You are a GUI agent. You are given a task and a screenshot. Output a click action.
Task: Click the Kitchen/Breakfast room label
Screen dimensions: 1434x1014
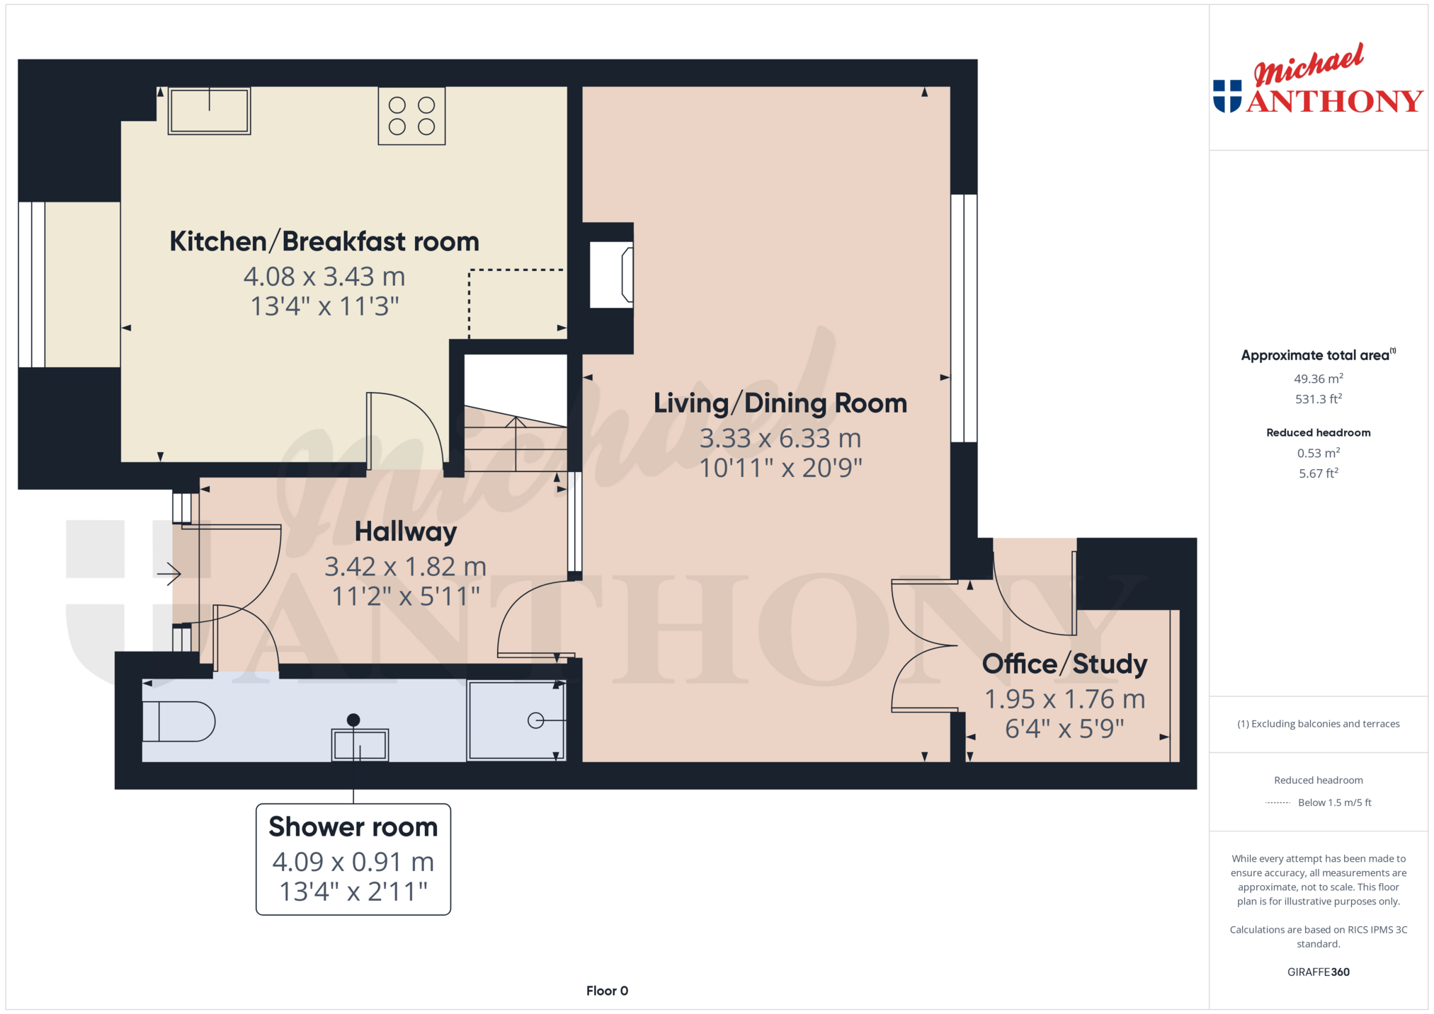click(x=324, y=241)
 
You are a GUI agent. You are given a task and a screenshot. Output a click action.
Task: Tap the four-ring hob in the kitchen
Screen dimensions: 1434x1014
click(x=411, y=116)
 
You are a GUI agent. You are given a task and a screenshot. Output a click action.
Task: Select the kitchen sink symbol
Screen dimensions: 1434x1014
click(x=210, y=110)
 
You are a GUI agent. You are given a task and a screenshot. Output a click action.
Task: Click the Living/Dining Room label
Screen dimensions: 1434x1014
click(x=780, y=403)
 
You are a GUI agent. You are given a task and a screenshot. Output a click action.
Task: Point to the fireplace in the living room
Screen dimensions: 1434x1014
click(x=611, y=275)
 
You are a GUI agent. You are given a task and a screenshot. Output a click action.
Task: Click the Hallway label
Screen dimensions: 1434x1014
click(x=406, y=531)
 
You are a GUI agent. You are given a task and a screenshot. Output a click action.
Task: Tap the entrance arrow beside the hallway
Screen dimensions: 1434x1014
click(x=169, y=573)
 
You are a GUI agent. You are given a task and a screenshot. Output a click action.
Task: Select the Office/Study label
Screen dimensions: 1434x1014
click(x=1065, y=664)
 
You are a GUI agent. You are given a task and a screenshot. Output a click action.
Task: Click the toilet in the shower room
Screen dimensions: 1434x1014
click(x=178, y=721)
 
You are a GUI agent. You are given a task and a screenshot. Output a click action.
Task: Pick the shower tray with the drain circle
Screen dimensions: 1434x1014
click(x=516, y=720)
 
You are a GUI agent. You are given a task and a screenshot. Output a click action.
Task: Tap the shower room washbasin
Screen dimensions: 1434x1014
click(x=360, y=744)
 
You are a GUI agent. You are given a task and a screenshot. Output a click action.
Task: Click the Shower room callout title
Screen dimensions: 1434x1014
click(x=353, y=826)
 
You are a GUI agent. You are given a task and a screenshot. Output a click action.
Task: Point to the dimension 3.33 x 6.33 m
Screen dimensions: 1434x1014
click(x=780, y=439)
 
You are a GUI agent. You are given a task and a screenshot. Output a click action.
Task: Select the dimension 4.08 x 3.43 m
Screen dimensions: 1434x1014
click(x=324, y=277)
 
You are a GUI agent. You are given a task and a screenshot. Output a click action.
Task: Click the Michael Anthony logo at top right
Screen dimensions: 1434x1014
click(x=1318, y=79)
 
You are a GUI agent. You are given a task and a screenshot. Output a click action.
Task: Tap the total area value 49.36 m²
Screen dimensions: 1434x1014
click(x=1319, y=379)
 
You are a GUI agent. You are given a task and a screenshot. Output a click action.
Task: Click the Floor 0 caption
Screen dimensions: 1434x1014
click(x=607, y=991)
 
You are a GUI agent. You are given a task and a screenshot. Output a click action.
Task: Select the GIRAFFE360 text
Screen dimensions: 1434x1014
click(x=1319, y=972)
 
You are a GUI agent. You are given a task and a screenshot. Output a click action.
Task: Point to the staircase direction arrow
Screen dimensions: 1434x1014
click(x=516, y=444)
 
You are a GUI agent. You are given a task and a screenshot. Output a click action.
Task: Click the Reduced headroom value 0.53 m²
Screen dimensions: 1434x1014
click(x=1319, y=453)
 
